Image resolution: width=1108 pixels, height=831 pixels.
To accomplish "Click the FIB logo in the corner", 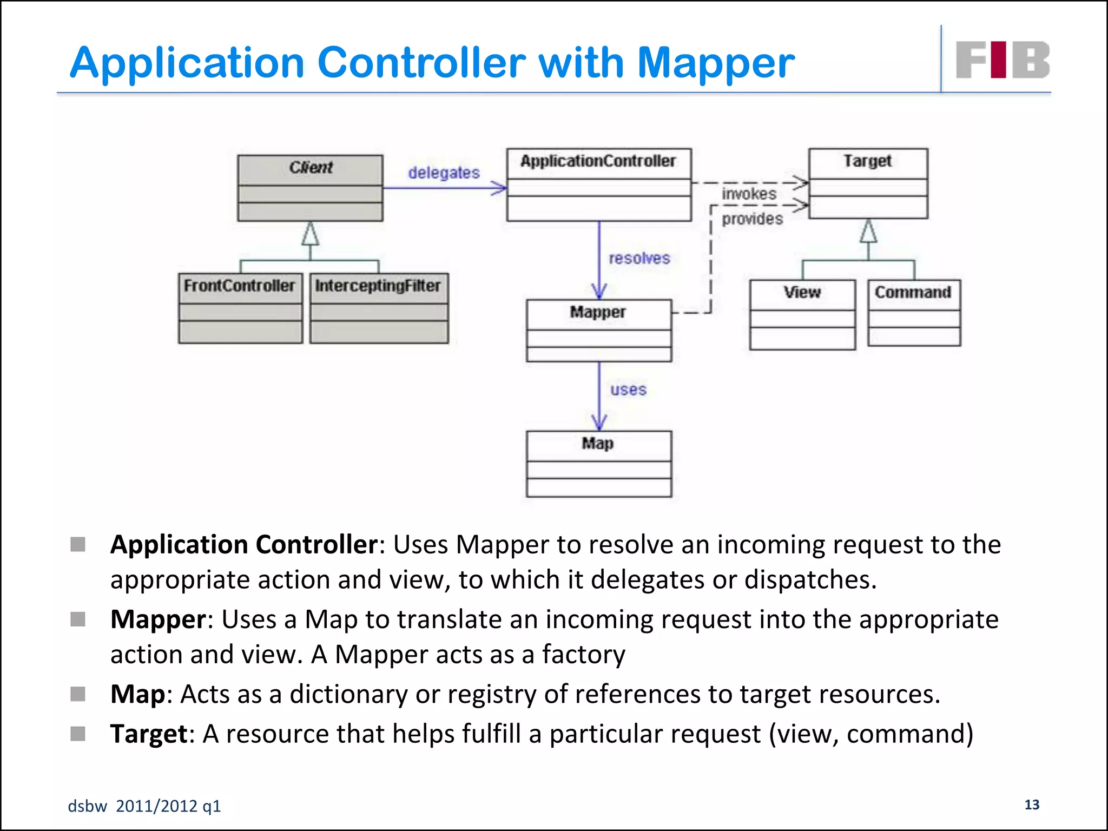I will [1002, 60].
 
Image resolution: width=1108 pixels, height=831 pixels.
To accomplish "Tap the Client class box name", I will [311, 168].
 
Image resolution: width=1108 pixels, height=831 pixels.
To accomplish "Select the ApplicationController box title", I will [598, 161].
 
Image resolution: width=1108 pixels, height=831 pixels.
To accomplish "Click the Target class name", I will [867, 161].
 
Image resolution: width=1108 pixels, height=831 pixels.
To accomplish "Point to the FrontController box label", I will [239, 286].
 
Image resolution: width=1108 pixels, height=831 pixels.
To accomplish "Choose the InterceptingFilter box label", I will [378, 286].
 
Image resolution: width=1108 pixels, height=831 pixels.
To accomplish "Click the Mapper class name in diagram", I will [598, 312].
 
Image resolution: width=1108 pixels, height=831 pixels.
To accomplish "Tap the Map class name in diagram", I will [598, 444].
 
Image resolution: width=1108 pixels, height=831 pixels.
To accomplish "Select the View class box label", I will [802, 293].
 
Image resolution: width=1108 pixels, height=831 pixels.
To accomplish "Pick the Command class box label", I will [913, 293].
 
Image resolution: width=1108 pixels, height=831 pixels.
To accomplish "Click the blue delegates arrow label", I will [444, 173].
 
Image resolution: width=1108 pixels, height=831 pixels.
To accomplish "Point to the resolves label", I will [639, 259].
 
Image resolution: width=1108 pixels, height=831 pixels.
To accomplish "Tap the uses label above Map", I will [628, 390].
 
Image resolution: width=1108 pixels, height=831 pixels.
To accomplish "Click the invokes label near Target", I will [749, 194].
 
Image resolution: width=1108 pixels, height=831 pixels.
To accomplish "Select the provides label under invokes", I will [752, 219].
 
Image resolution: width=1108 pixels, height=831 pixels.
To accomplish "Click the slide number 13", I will [1032, 804].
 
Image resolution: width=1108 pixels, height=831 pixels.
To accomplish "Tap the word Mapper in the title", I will [716, 64].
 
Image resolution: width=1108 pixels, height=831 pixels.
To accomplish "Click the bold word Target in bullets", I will [149, 734].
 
